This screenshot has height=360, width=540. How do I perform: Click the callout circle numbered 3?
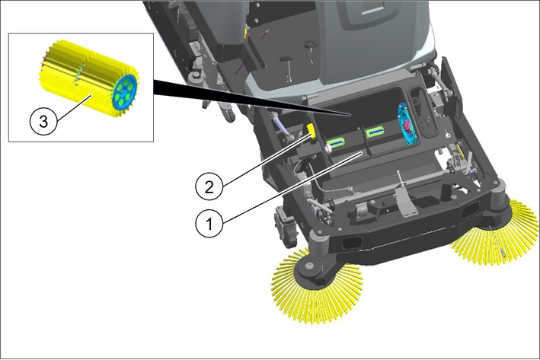click(x=43, y=121)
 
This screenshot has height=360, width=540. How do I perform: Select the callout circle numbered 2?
click(x=209, y=187)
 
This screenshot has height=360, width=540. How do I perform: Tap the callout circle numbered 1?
click(x=209, y=224)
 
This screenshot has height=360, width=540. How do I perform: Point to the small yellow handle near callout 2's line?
click(x=312, y=131)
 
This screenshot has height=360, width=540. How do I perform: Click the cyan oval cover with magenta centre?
click(x=407, y=123)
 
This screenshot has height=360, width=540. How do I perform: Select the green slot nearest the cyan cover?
click(x=375, y=132)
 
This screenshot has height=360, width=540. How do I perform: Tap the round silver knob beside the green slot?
click(x=328, y=148)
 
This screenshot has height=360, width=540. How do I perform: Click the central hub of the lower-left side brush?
click(x=309, y=266)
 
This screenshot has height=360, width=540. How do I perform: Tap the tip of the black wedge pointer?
click(x=350, y=114)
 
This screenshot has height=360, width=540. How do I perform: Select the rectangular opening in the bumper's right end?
click(x=470, y=209)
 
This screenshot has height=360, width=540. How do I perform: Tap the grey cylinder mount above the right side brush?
click(x=499, y=193)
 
